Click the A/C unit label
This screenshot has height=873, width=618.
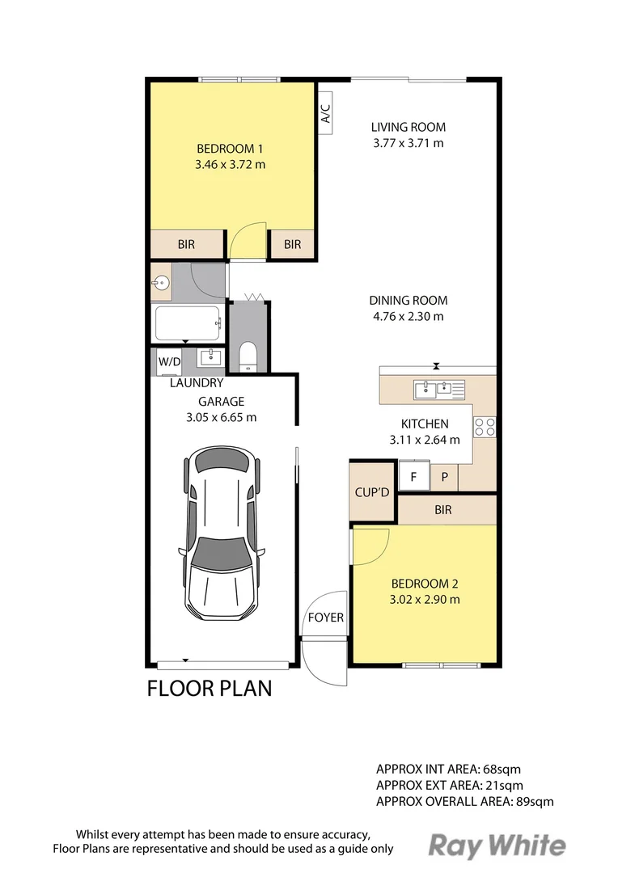point(326,114)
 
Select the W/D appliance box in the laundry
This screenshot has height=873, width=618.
point(169,362)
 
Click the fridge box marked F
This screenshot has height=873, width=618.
point(414,476)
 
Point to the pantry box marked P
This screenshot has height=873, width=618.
point(445,477)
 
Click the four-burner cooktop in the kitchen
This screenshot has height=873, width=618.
point(485,427)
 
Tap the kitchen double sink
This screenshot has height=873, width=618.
point(439,389)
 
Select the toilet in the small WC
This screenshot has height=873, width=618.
point(248,357)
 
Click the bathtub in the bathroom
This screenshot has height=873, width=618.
point(187,323)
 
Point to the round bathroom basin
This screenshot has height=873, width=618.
point(162,283)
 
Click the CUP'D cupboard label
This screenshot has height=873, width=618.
point(372,492)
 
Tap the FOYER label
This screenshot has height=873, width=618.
point(326,618)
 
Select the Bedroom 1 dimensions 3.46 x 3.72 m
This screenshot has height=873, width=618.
point(231,165)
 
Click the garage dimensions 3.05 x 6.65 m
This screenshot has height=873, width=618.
point(221,418)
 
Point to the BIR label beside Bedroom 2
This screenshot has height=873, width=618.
point(443,510)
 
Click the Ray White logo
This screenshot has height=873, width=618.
point(497,846)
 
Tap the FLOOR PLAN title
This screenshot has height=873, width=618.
point(210,689)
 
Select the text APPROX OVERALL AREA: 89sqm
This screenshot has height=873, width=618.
point(465,802)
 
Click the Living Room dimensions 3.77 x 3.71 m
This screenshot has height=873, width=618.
point(408,143)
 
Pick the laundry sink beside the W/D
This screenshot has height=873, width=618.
point(210,357)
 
